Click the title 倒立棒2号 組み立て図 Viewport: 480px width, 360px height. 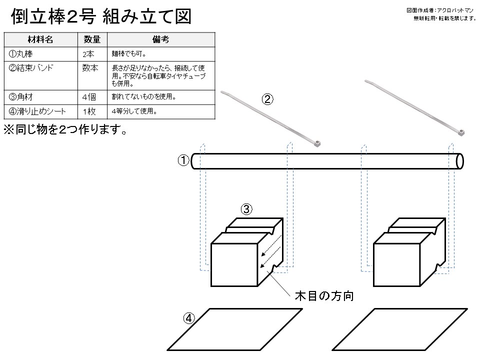pos(101,16)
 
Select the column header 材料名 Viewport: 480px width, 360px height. pos(40,39)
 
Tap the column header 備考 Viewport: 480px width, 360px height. pos(160,39)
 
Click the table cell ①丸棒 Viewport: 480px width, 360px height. pos(21,54)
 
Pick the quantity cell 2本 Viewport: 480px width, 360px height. pos(88,54)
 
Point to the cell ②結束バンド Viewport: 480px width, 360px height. pos(31,67)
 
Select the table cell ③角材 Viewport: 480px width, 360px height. pos(21,97)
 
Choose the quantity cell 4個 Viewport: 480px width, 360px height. pos(89,97)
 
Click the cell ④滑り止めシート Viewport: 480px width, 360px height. pos(37,111)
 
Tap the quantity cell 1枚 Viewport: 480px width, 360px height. pos(89,111)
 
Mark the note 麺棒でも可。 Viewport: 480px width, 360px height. pos(129,54)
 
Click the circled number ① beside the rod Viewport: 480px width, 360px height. pos(183,160)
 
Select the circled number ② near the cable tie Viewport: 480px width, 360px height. pos(267,99)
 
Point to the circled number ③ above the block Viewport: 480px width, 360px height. pos(246,209)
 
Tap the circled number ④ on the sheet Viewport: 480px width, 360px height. pos(189,318)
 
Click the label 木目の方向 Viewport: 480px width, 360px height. pos(324,296)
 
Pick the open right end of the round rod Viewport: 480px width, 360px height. pos(459,161)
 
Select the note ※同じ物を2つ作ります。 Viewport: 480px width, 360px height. pos(65,130)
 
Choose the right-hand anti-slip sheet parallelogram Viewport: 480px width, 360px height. pos(400,329)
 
